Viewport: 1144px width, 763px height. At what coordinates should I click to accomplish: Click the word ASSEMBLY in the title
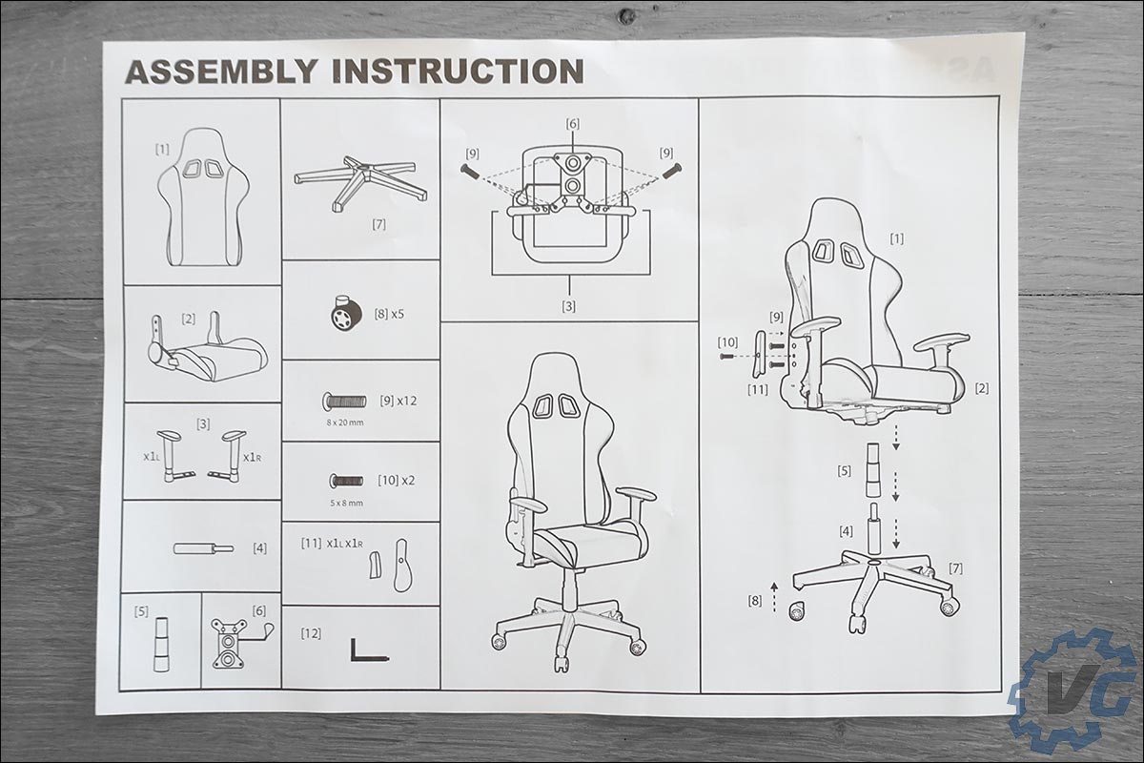[221, 71]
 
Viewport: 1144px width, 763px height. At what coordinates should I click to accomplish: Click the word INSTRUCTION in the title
[459, 71]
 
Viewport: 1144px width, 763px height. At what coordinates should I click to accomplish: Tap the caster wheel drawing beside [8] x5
[346, 313]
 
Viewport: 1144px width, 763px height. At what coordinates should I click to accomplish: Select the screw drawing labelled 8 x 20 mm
[344, 402]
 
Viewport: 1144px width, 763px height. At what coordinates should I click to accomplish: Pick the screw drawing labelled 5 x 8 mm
[346, 481]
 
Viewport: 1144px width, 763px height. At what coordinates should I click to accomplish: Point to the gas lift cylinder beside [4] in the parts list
[204, 548]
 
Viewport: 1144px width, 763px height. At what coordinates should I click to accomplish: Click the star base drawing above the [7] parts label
[360, 183]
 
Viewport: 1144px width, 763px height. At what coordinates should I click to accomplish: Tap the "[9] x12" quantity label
[398, 401]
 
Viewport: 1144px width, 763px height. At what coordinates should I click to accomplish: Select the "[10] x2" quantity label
[397, 481]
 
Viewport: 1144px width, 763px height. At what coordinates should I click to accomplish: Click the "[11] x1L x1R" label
[332, 544]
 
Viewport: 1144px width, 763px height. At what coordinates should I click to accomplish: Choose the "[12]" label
[311, 633]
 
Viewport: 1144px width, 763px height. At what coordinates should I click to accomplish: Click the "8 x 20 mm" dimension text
[345, 423]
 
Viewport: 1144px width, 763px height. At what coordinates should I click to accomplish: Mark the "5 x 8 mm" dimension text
[346, 503]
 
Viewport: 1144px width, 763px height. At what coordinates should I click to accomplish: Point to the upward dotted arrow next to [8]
[774, 597]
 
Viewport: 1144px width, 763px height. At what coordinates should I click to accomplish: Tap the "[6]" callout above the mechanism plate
[573, 124]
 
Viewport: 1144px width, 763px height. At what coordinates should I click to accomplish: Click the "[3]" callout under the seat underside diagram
[568, 306]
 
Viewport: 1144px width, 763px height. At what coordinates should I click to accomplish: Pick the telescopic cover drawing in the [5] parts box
[161, 645]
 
